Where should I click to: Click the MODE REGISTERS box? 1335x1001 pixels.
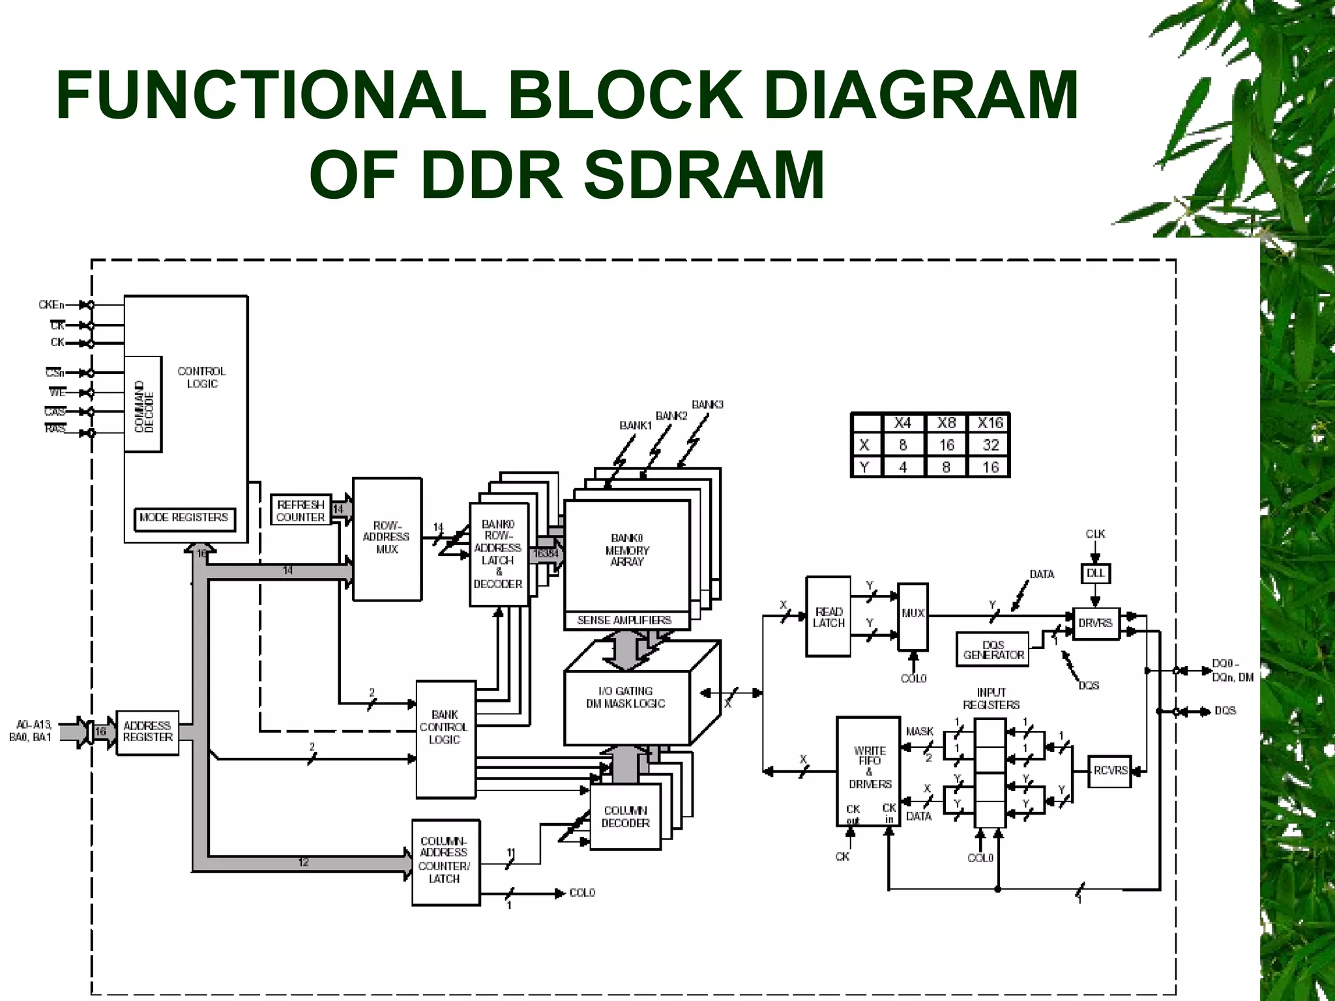(184, 518)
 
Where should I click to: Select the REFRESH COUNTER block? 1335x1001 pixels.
(301, 511)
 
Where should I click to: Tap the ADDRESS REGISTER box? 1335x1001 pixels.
(147, 732)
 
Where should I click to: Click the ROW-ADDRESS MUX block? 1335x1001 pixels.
(387, 538)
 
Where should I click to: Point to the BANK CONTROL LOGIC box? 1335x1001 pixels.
(445, 739)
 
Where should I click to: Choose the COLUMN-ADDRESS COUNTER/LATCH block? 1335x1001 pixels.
(445, 862)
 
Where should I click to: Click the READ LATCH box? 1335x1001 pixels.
(828, 617)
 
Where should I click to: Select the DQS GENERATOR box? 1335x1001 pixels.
(993, 650)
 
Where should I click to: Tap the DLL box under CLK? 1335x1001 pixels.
(1095, 573)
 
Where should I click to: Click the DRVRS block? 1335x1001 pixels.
(1095, 624)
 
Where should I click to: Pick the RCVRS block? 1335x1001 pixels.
(1109, 771)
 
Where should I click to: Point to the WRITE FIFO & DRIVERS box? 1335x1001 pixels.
(868, 772)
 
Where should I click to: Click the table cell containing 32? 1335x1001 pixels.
(990, 445)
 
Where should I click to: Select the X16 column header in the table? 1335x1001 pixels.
(990, 424)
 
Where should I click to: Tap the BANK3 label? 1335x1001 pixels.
(707, 405)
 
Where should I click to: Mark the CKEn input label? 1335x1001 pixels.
(51, 305)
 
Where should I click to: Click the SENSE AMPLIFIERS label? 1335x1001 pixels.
(624, 620)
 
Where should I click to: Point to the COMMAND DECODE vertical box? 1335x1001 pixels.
(143, 405)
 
